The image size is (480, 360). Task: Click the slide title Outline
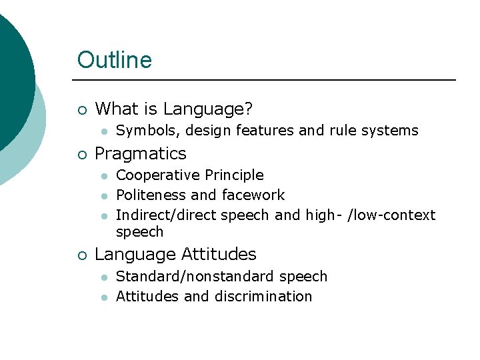(x=115, y=60)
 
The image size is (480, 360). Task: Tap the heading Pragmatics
(x=141, y=153)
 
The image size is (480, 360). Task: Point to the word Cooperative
(x=157, y=175)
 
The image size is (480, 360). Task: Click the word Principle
(x=234, y=175)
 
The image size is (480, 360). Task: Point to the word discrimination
(x=263, y=297)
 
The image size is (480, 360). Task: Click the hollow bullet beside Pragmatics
(x=81, y=155)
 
